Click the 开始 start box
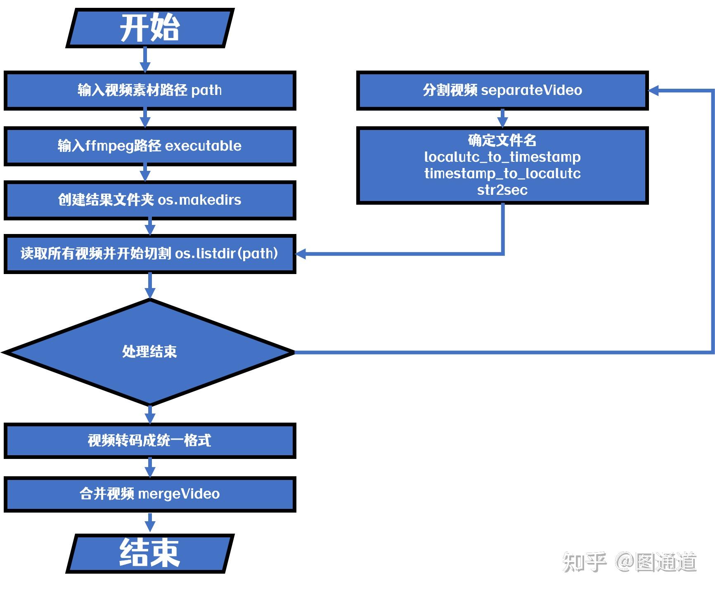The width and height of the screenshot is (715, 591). click(x=150, y=28)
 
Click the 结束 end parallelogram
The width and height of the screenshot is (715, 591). click(x=150, y=553)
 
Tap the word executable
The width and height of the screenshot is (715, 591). click(x=203, y=146)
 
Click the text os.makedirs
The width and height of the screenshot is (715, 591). click(x=200, y=200)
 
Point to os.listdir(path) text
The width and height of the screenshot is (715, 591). click(x=227, y=253)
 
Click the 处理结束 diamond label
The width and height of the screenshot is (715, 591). click(x=149, y=352)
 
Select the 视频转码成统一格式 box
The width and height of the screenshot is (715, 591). click(x=149, y=440)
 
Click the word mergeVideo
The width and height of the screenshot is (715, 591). click(x=179, y=494)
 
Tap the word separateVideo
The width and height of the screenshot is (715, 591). click(x=531, y=90)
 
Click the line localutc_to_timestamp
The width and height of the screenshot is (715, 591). click(x=502, y=157)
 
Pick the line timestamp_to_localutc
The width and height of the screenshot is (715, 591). click(x=502, y=173)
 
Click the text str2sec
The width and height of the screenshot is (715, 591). click(x=502, y=190)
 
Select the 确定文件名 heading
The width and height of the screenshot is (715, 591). click(x=502, y=140)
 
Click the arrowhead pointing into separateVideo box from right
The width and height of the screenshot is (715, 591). click(x=654, y=90)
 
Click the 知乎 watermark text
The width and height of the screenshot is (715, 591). click(x=584, y=562)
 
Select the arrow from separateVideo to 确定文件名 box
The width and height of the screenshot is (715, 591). click(x=502, y=119)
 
